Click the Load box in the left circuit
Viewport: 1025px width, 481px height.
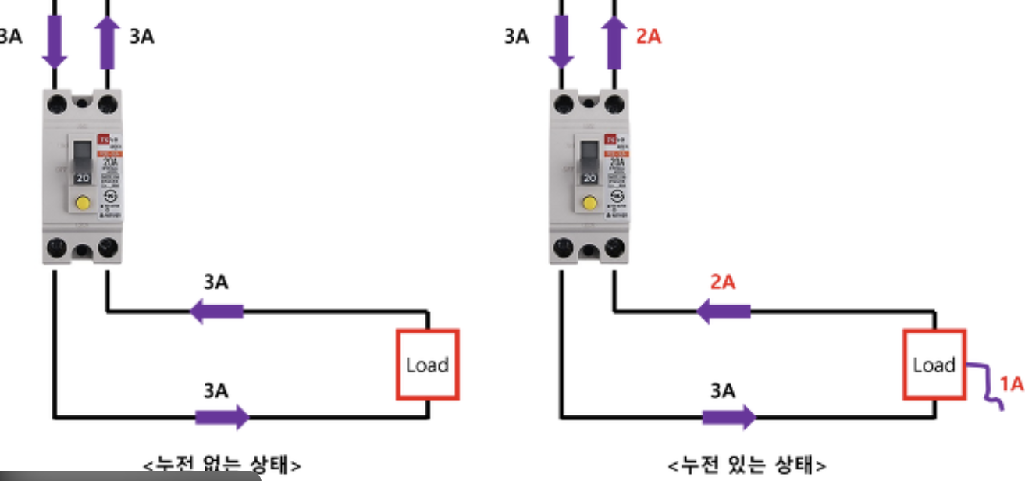point(427,365)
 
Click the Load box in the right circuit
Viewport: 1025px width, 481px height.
point(934,365)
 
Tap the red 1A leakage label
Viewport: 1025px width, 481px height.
point(1011,383)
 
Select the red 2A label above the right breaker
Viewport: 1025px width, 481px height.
point(648,36)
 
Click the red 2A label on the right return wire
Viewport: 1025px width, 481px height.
point(723,282)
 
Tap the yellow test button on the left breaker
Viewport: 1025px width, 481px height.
point(80,205)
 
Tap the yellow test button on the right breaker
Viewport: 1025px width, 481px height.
point(589,205)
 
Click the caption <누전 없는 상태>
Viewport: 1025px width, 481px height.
point(222,465)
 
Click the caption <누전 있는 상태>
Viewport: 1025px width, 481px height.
point(747,465)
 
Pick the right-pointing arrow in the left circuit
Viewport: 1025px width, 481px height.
point(222,417)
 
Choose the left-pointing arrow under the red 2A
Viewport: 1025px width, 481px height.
point(723,312)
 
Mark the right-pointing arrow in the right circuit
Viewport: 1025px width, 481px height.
point(729,417)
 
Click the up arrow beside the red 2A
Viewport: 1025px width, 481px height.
point(615,43)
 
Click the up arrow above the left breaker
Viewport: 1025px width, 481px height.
point(107,43)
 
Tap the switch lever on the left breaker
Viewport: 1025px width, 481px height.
point(82,160)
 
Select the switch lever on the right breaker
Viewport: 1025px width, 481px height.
point(590,160)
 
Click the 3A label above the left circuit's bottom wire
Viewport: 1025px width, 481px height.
point(215,390)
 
